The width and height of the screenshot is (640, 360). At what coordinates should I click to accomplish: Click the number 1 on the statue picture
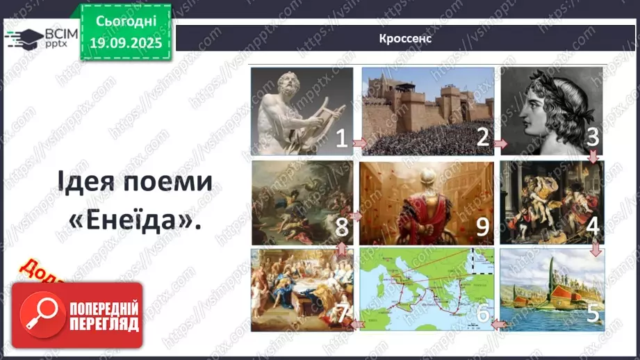(x=341, y=139)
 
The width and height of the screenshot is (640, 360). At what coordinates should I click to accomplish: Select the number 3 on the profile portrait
(x=592, y=137)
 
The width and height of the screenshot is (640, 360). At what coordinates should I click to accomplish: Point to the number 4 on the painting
(x=592, y=226)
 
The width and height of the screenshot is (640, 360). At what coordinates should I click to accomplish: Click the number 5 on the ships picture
(x=592, y=312)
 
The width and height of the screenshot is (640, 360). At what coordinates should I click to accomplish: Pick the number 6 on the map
(x=482, y=314)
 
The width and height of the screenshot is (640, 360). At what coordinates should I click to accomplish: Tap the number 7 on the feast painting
(x=340, y=313)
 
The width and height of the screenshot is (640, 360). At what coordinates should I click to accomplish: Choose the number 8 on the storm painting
(x=340, y=226)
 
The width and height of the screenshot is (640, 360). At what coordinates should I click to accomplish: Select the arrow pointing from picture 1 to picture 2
(x=359, y=143)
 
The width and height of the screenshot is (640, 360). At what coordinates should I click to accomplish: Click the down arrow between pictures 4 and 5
(x=595, y=247)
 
